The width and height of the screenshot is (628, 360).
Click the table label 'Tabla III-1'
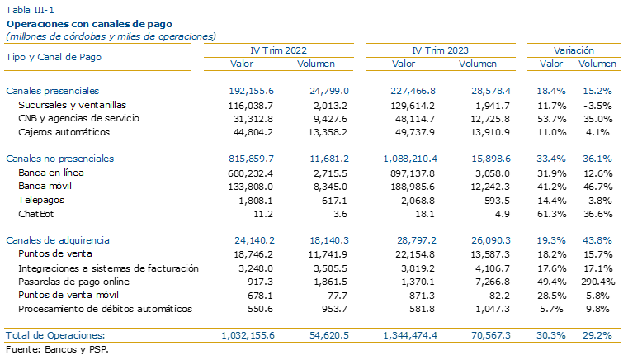(x=30, y=10)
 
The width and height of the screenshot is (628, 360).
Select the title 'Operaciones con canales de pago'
(x=89, y=24)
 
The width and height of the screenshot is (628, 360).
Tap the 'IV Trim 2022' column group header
(x=278, y=50)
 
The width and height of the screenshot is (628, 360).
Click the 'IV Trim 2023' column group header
(x=440, y=50)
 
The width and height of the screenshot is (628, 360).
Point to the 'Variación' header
(x=574, y=50)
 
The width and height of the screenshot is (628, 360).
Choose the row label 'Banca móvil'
(x=45, y=186)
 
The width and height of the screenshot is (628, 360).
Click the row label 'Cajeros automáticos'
(x=64, y=132)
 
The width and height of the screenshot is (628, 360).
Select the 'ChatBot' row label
(x=36, y=214)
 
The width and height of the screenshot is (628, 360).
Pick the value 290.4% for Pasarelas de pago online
(x=597, y=282)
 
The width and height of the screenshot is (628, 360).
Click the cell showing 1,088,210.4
(x=410, y=159)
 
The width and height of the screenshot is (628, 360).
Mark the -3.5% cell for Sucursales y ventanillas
(x=597, y=106)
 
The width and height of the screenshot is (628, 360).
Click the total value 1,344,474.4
(x=410, y=335)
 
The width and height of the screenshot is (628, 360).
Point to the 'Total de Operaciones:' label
(x=55, y=335)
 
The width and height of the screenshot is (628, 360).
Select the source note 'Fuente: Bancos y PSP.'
(x=57, y=349)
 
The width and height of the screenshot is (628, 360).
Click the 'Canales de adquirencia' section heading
(x=58, y=240)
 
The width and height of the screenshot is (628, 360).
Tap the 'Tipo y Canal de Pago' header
(x=54, y=57)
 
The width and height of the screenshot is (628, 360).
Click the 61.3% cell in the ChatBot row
(x=551, y=214)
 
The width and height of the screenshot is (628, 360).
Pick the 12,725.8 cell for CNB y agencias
(x=490, y=120)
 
